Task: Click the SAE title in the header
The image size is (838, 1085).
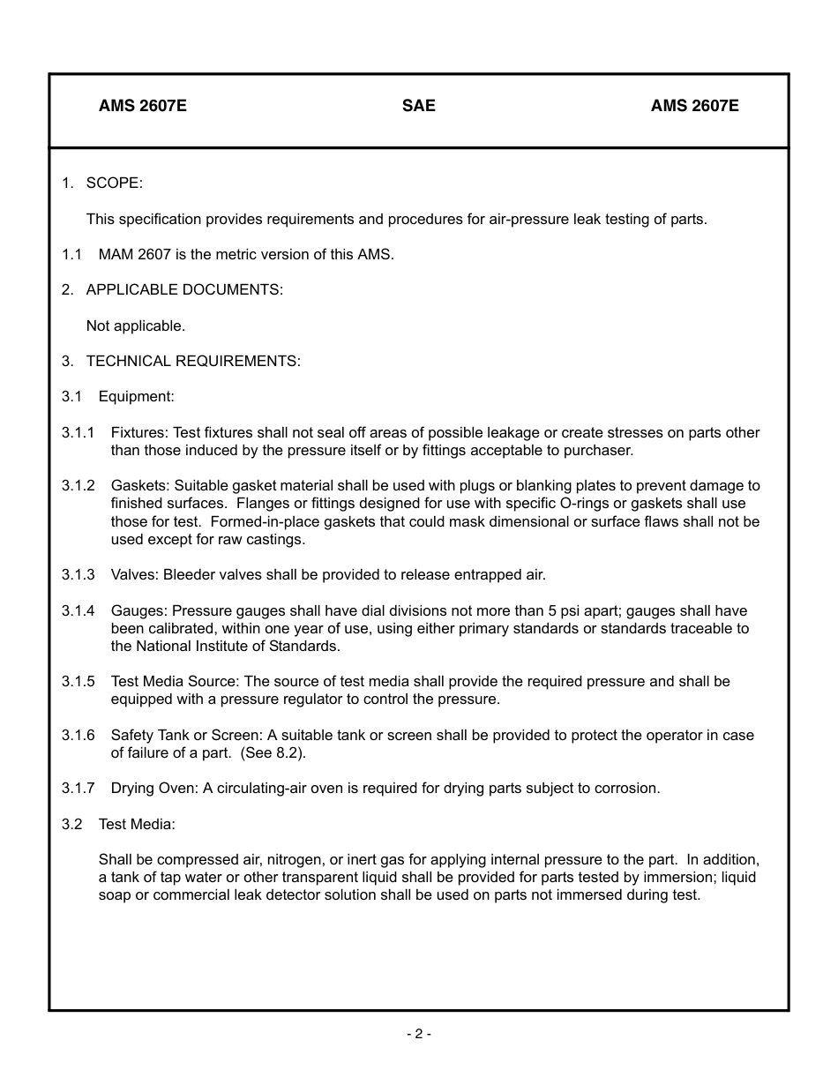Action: pyautogui.click(x=418, y=106)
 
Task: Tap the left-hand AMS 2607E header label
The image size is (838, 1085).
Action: pyautogui.click(x=142, y=106)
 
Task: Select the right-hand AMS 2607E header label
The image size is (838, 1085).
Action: pyautogui.click(x=694, y=106)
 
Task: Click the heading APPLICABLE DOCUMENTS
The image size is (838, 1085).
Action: pyautogui.click(x=184, y=289)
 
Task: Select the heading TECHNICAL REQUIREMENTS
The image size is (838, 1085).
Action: pyautogui.click(x=193, y=361)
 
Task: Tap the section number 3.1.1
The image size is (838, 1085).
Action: pyautogui.click(x=78, y=432)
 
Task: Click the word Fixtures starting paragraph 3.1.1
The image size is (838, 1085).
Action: pyautogui.click(x=138, y=432)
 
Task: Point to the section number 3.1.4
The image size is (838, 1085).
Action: pyautogui.click(x=78, y=610)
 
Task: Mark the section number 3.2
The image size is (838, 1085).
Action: pyautogui.click(x=71, y=824)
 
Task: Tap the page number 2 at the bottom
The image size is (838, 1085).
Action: pyautogui.click(x=418, y=1034)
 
